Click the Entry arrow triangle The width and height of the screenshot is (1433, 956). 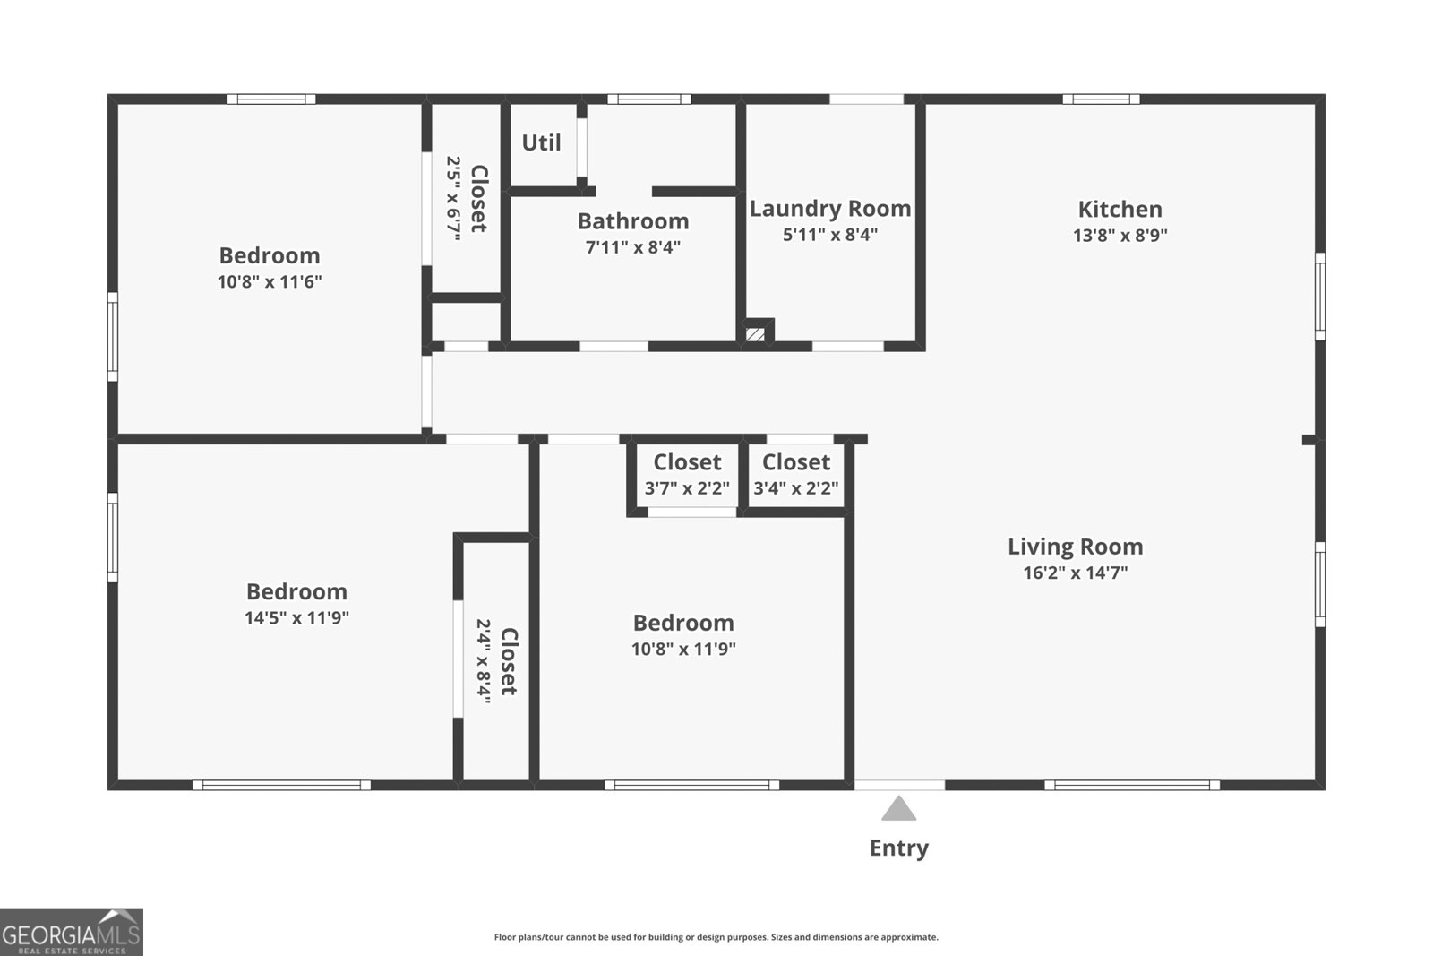coord(898,809)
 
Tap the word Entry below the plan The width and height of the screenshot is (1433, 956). coord(898,848)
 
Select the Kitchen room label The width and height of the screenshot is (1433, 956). coord(1120,210)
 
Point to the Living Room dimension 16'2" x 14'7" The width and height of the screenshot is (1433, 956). coord(1075,573)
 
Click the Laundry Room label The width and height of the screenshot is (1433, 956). coord(830,209)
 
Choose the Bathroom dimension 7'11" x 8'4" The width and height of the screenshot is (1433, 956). coord(633,247)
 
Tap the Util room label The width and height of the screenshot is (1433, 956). coord(541,142)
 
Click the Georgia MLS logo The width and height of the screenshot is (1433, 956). coord(71,933)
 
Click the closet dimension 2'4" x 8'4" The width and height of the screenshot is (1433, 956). coord(485,661)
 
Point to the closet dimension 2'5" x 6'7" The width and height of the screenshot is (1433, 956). coord(454,198)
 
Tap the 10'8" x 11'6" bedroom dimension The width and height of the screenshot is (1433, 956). coord(270,281)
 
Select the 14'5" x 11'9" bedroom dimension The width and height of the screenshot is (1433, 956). coord(296,617)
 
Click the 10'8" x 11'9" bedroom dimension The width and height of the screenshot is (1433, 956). coord(683,649)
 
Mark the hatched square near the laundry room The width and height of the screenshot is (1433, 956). coord(756,334)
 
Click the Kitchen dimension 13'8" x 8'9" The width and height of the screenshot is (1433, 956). coord(1120,236)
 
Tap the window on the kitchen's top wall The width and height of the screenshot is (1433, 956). coord(1101,99)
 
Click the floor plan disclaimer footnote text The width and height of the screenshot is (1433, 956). coord(716,937)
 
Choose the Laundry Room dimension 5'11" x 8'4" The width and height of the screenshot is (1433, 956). coord(830,235)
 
